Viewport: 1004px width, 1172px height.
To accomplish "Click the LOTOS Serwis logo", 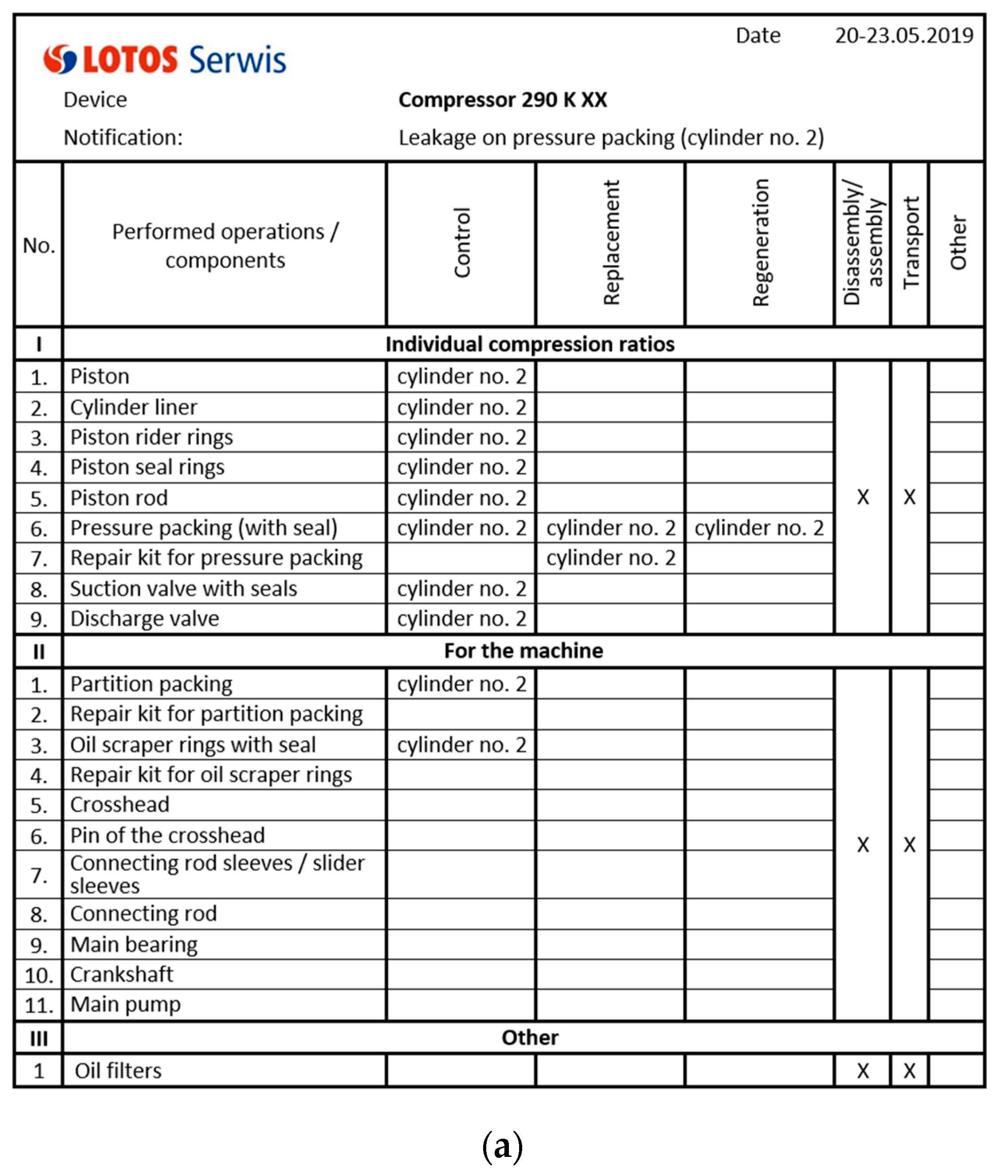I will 165,59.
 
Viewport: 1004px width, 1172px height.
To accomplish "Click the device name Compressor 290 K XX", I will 502,100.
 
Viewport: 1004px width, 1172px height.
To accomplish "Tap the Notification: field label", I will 123,138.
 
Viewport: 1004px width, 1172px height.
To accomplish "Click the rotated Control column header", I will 461,243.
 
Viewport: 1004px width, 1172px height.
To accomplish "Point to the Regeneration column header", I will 760,243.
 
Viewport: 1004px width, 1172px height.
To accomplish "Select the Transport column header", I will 910,243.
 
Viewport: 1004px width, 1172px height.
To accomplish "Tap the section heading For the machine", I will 523,650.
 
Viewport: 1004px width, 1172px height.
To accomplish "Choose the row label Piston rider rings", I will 151,437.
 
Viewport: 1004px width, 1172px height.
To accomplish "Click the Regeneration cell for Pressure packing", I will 758,528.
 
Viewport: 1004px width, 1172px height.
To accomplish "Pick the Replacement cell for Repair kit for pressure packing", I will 610,558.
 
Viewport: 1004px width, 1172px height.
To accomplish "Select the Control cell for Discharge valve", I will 461,619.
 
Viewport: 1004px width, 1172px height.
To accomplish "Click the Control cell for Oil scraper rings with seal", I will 461,745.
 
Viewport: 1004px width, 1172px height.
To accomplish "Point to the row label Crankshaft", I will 122,974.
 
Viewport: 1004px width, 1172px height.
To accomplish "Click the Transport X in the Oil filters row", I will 909,1071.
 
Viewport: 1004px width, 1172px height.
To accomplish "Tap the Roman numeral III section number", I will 39,1038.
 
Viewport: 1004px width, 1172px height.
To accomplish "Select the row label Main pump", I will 125,1005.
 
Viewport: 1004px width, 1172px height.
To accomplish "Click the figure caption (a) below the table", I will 502,1145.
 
